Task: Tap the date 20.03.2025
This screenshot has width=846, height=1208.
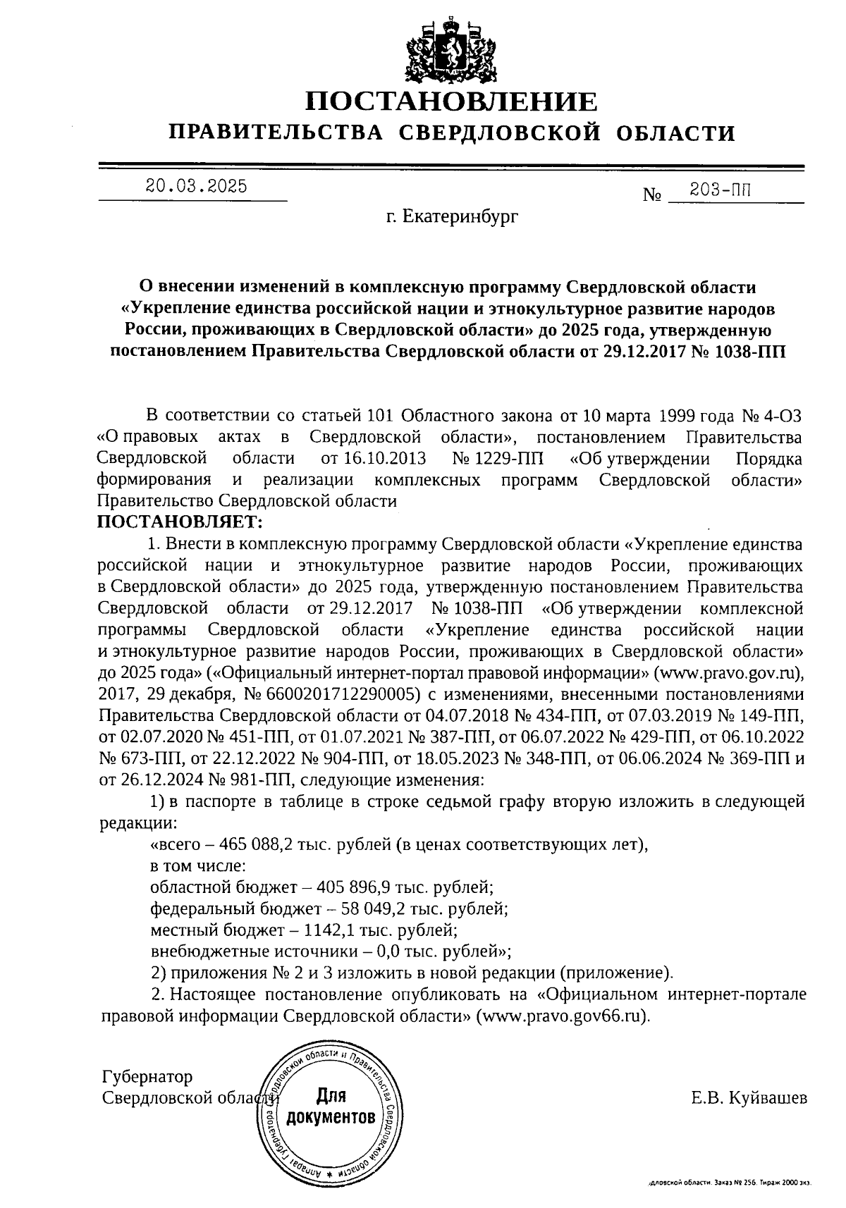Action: tap(196, 186)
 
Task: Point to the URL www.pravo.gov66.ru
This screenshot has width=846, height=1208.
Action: tap(562, 1017)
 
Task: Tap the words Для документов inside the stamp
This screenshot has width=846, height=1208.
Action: tap(330, 1107)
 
